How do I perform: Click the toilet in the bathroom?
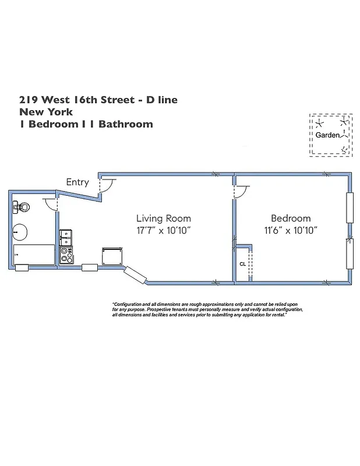pos(20,206)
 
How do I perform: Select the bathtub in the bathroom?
pos(34,255)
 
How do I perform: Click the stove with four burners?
pos(66,255)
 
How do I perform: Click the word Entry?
pos(77,182)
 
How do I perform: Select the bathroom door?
pos(51,203)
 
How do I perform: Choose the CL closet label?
pos(242,264)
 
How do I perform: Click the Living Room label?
pos(164,218)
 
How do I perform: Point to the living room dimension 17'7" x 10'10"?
pos(164,231)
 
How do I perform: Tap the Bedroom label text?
pos(291,218)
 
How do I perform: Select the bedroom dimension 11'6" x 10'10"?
pos(291,231)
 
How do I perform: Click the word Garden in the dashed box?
pos(327,135)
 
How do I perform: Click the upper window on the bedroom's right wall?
pos(350,207)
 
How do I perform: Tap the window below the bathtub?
pos(22,268)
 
